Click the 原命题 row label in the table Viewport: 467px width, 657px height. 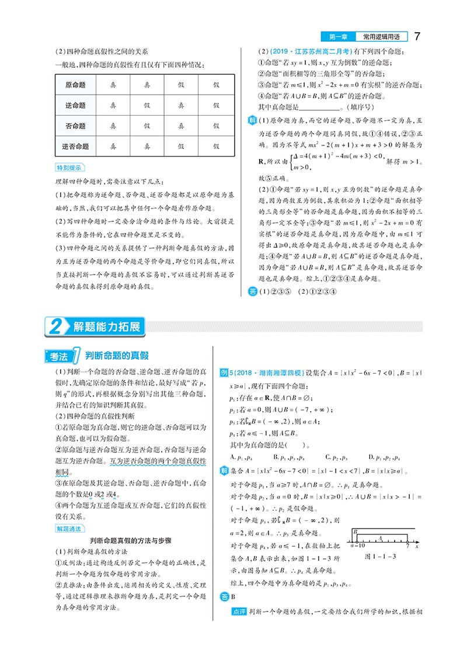point(76,85)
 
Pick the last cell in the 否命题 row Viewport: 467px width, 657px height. point(216,126)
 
